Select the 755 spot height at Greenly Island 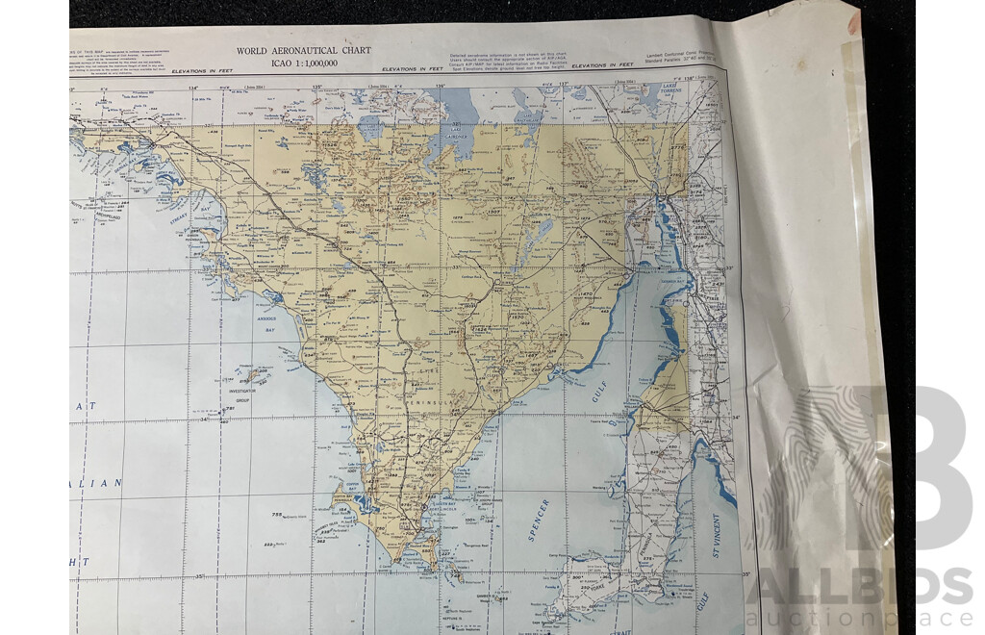tap(278, 517)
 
